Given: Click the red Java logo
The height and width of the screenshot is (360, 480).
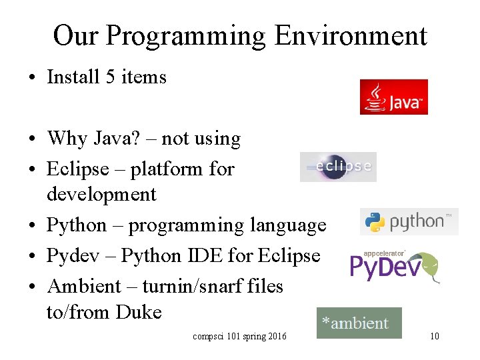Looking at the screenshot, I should click(x=393, y=97).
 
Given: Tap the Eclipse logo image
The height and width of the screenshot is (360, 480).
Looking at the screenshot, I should click(x=338, y=167).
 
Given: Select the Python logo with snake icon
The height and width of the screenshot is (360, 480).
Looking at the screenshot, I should click(x=409, y=222).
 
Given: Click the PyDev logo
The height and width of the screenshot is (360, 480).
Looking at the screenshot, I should click(x=394, y=266).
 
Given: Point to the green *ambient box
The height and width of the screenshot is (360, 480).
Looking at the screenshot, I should click(x=359, y=323).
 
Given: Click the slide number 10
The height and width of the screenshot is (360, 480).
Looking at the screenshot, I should click(x=434, y=336).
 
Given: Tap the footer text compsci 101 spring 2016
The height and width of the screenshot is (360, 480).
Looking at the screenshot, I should click(x=239, y=336).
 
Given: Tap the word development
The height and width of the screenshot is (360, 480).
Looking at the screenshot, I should click(x=101, y=195).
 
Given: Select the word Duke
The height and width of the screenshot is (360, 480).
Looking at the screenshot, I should click(x=139, y=312).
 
